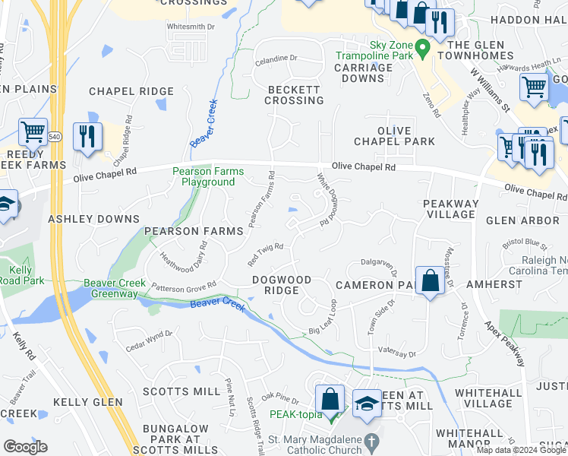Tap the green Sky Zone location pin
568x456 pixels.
pyautogui.click(x=424, y=47)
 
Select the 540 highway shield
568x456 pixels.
pyautogui.click(x=53, y=136)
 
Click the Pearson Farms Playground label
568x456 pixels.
pyautogui.click(x=204, y=176)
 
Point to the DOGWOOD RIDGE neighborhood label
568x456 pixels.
pyautogui.click(x=282, y=285)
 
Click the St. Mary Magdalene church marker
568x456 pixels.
pyautogui.click(x=371, y=441)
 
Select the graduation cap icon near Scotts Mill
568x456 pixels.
pyautogui.click(x=367, y=405)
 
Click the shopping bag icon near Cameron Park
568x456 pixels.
pyautogui.click(x=430, y=281)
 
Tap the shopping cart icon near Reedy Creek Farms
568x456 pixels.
pyautogui.click(x=33, y=134)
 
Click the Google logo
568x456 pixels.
pyautogui.click(x=25, y=447)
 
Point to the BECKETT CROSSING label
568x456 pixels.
pyautogui.click(x=295, y=95)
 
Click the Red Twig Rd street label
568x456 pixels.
pyautogui.click(x=265, y=252)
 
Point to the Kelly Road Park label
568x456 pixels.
pyautogui.click(x=21, y=275)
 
